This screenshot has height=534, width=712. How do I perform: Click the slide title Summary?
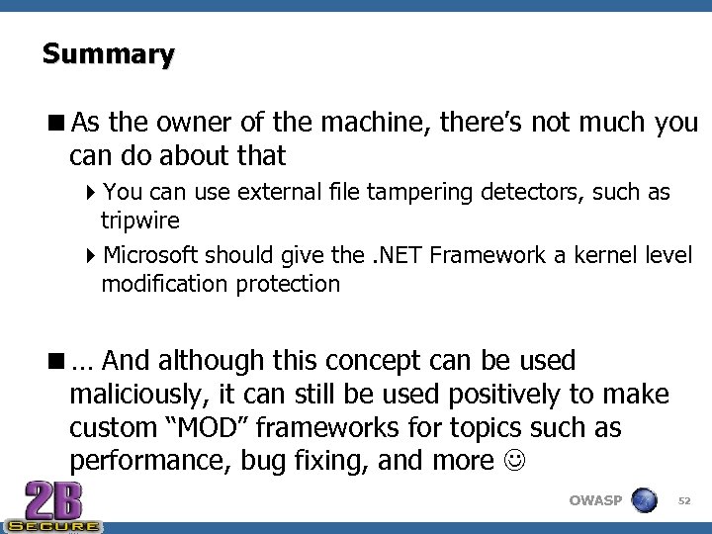(x=108, y=53)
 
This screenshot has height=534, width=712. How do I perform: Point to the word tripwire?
(x=139, y=219)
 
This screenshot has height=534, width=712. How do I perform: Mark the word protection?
(x=288, y=284)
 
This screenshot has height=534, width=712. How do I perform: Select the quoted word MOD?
(x=218, y=428)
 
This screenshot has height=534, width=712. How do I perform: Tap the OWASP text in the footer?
(x=595, y=500)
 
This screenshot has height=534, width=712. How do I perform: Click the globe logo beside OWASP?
(x=644, y=499)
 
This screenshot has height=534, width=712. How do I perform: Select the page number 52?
(x=683, y=501)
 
